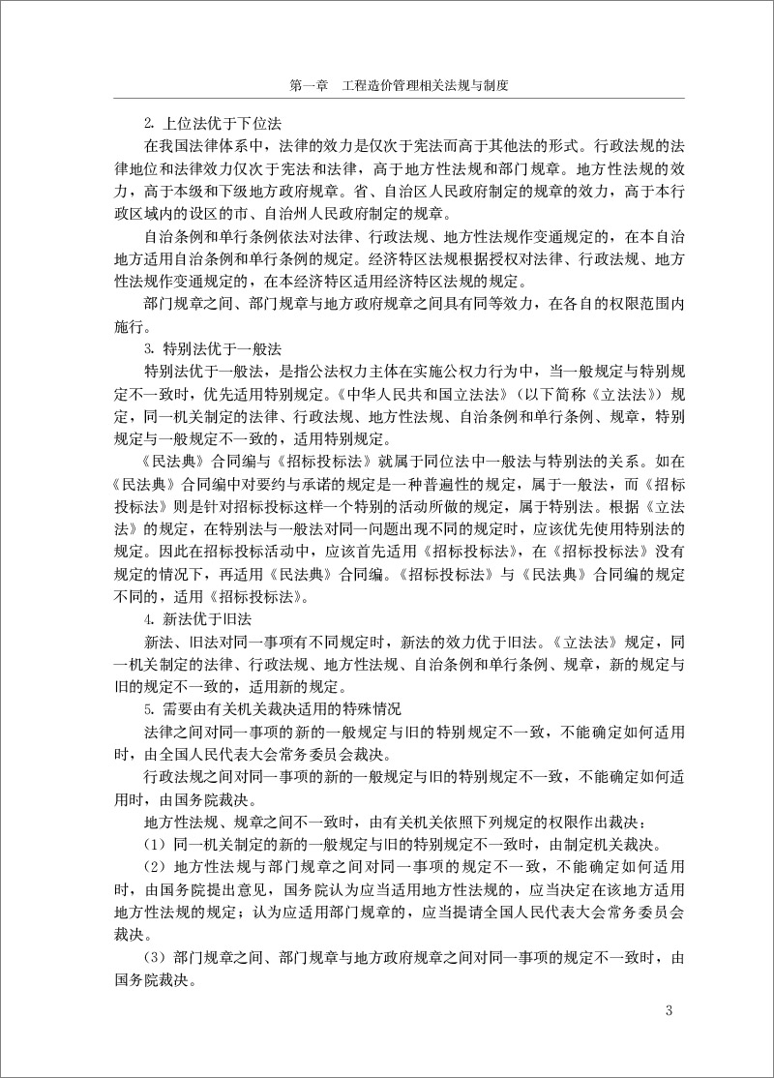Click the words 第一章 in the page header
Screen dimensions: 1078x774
click(310, 85)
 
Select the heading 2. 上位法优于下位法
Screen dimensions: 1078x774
click(199, 125)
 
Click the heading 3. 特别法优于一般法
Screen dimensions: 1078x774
click(199, 347)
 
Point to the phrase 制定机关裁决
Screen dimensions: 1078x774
click(615, 843)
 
